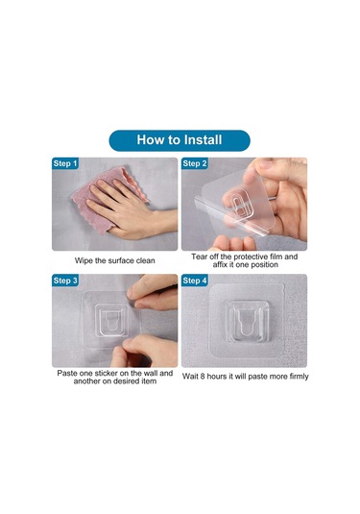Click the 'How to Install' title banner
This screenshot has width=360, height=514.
[180, 140]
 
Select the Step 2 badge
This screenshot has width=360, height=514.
[195, 164]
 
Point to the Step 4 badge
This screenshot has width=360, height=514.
[195, 281]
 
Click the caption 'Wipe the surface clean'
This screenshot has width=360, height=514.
[114, 259]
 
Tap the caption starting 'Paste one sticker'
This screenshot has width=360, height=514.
[114, 378]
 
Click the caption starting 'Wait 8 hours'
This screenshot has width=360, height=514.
[244, 375]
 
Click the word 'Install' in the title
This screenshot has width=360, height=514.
[202, 140]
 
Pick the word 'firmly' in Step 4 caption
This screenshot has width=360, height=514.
[294, 375]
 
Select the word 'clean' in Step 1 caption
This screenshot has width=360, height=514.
[144, 259]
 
